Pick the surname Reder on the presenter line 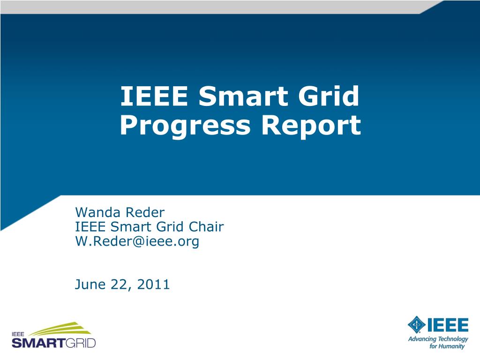[x=144, y=213]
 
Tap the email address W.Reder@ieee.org [x=137, y=241]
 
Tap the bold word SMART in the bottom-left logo [x=37, y=343]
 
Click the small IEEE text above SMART [x=18, y=334]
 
